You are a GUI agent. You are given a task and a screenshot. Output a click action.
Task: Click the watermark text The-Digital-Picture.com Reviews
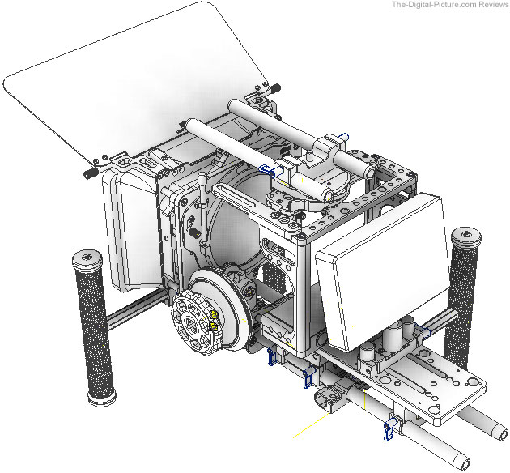tap(450, 5)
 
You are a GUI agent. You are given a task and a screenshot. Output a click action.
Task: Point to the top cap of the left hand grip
tap(87, 258)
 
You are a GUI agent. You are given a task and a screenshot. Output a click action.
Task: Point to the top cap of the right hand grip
tap(466, 236)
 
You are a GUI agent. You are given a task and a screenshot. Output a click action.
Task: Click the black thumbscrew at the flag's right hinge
tap(275, 87)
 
